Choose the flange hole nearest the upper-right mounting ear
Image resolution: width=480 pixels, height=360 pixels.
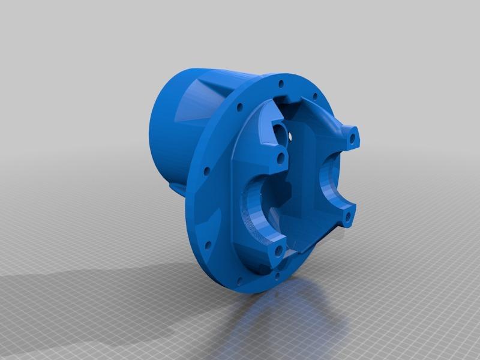tap(314, 96)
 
